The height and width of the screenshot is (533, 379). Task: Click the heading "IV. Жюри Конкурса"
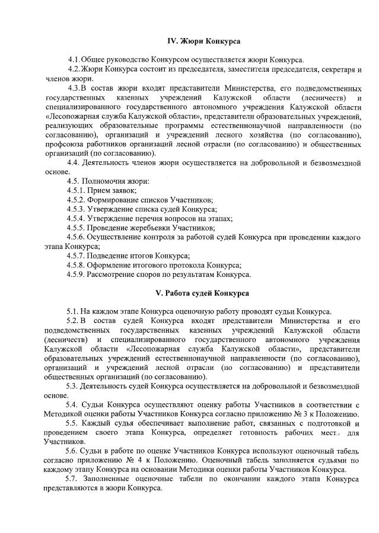point(203,40)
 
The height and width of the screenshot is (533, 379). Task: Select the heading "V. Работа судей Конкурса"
point(202,293)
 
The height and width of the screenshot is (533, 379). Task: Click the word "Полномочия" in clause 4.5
point(106,180)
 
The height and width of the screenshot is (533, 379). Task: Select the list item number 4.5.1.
point(76,190)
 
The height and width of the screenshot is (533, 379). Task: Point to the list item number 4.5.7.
point(76,256)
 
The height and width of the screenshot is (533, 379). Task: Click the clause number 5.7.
point(72,479)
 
